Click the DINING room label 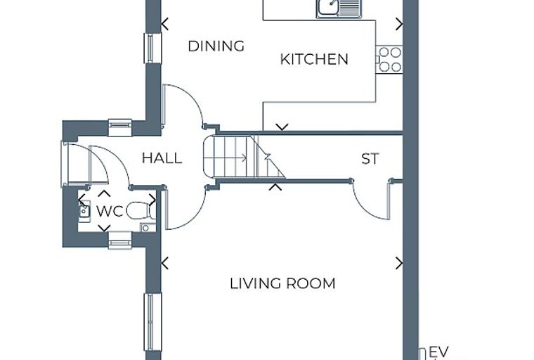pyautogui.click(x=216, y=46)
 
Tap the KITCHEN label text pyautogui.click(x=314, y=59)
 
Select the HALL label pyautogui.click(x=162, y=158)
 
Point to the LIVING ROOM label pyautogui.click(x=282, y=283)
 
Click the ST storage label pyautogui.click(x=370, y=159)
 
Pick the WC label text pyautogui.click(x=110, y=212)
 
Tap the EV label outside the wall pyautogui.click(x=439, y=352)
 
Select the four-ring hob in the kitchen pyautogui.click(x=389, y=59)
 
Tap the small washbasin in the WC pyautogui.click(x=84, y=211)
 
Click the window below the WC pyautogui.click(x=120, y=240)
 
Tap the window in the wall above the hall pyautogui.click(x=120, y=127)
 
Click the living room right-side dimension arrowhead pyautogui.click(x=399, y=263)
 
